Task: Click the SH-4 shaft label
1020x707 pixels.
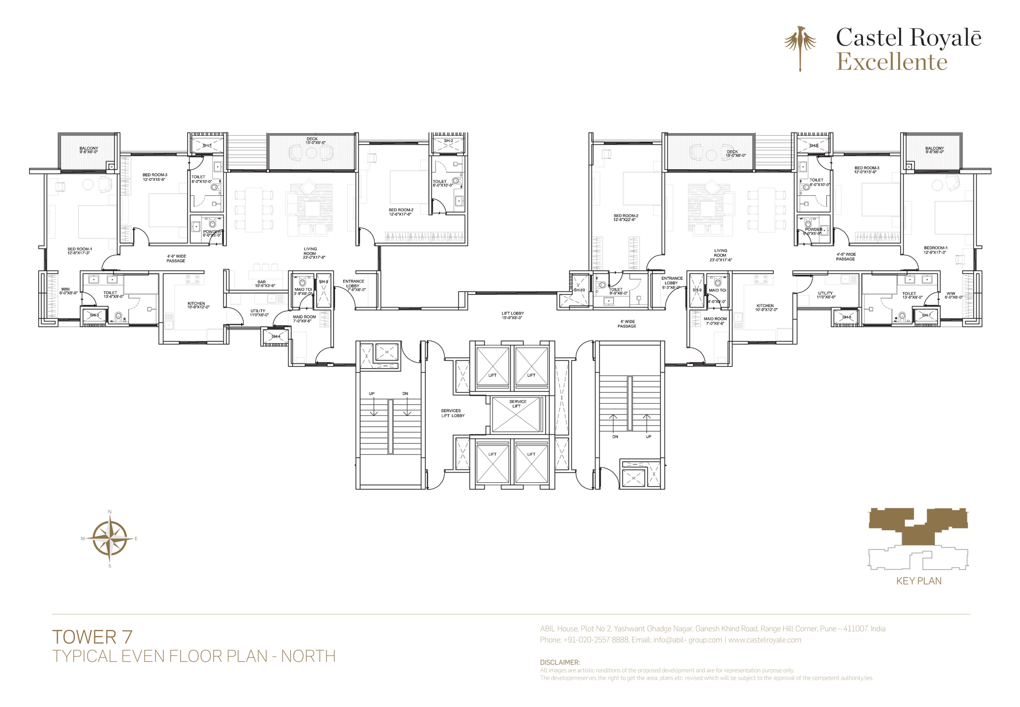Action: click(276, 336)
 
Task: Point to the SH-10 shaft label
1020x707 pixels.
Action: click(579, 290)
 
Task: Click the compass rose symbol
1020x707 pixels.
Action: click(110, 538)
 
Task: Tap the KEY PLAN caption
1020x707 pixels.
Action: click(919, 581)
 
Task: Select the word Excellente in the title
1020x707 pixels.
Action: click(891, 62)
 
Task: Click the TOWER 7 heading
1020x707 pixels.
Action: click(92, 637)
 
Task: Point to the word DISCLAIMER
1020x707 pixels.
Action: click(559, 662)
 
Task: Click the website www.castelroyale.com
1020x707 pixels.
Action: click(764, 640)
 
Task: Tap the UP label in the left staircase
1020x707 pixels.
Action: click(372, 394)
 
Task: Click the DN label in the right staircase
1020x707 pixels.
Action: click(615, 437)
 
